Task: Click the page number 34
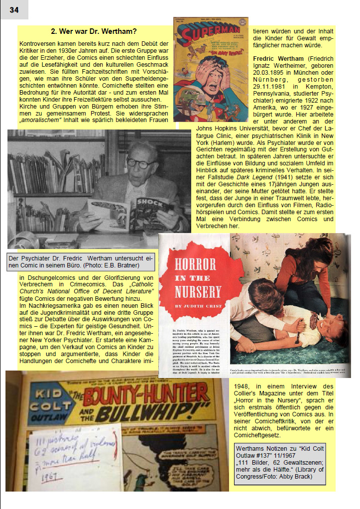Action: (x=14, y=10)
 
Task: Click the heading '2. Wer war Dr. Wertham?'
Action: (x=94, y=31)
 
